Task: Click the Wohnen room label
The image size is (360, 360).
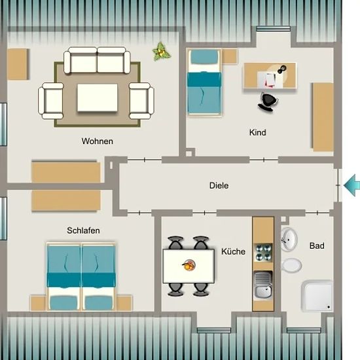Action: tap(98, 141)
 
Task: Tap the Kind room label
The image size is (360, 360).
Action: tap(258, 132)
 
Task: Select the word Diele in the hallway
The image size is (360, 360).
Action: tap(219, 185)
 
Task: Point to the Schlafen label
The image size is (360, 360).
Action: tap(83, 230)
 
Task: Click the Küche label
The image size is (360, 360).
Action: tap(233, 251)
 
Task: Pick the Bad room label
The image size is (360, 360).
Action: tap(317, 245)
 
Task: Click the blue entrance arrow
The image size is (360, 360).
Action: tap(351, 185)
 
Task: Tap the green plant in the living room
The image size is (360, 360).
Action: tap(161, 52)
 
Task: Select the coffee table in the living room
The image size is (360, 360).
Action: tap(98, 98)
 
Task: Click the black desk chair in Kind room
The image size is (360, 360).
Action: tap(267, 101)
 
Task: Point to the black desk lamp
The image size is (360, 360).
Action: tap(281, 69)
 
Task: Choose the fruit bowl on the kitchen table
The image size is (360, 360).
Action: tap(189, 265)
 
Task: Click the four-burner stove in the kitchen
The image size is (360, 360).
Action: tap(263, 253)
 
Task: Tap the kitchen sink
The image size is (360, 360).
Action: tap(263, 285)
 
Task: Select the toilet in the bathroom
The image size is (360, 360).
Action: tap(291, 265)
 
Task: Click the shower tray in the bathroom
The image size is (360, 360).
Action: tap(317, 296)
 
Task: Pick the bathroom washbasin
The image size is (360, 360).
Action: tap(289, 239)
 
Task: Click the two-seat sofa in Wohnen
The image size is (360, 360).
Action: tap(97, 60)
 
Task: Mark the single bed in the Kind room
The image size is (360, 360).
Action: tap(204, 82)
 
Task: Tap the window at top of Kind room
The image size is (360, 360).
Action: tap(273, 29)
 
